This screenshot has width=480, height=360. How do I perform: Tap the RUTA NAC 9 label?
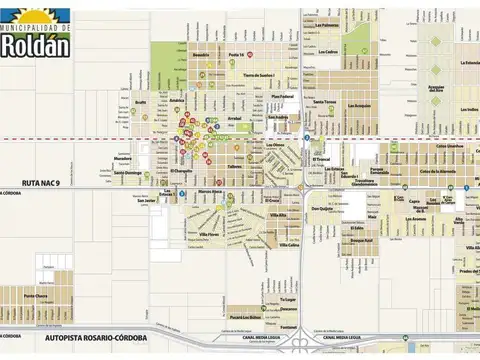pos(45,182)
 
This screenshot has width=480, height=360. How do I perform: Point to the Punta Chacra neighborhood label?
pos(36,296)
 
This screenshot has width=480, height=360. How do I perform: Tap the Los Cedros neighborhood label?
pos(327,52)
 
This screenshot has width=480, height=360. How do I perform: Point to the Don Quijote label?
pos(321,209)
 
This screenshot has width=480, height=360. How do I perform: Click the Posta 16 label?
pos(237,53)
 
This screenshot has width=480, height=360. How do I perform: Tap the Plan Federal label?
pos(285,96)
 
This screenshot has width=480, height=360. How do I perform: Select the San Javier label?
pos(147,199)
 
